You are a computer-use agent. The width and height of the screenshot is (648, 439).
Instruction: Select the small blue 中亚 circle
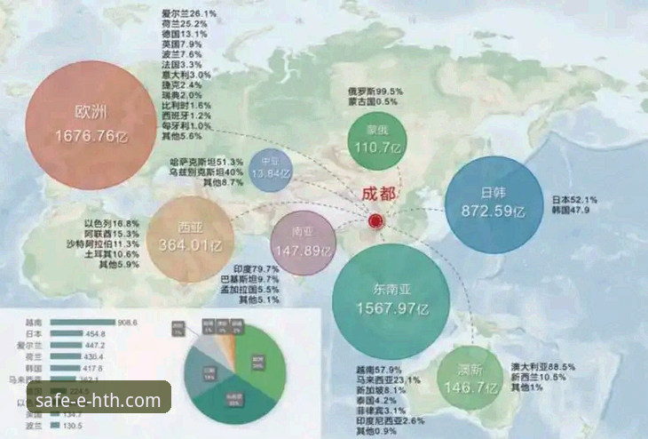click(272, 166)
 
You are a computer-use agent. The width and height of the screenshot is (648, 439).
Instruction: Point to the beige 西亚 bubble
click(190, 238)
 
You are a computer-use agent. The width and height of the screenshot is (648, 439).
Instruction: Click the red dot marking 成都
click(376, 220)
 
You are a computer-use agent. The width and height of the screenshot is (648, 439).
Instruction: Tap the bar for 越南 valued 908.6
click(83, 322)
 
